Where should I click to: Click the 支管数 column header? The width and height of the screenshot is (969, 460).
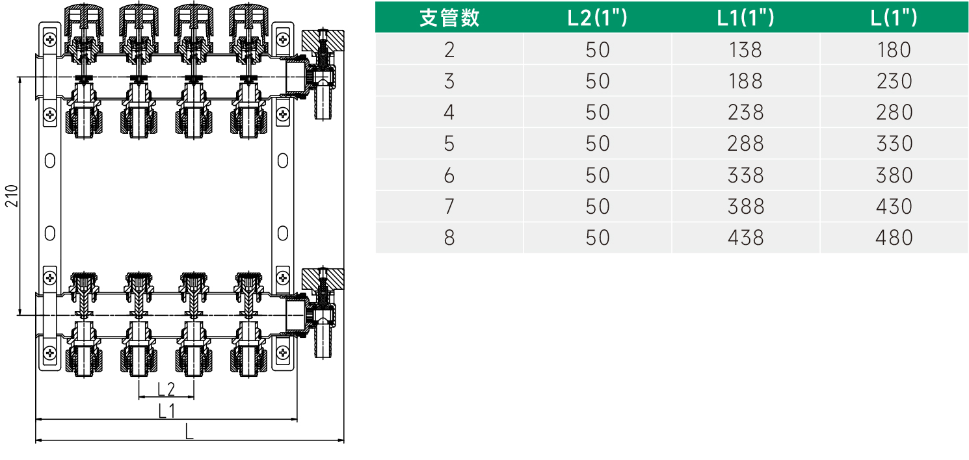click(x=449, y=18)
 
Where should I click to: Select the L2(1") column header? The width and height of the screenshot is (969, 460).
click(x=597, y=18)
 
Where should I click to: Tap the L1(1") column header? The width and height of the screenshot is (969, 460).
click(x=745, y=18)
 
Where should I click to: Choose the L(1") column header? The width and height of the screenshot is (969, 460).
click(x=894, y=18)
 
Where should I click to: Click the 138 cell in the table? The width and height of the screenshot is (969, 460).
click(x=745, y=50)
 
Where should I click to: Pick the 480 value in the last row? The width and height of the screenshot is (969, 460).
click(x=894, y=238)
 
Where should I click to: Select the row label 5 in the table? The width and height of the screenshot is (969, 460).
click(x=449, y=144)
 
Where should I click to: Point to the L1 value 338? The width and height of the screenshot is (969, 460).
click(x=745, y=175)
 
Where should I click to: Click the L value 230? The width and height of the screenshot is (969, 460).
click(x=894, y=81)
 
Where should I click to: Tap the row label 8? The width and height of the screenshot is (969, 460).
click(x=449, y=238)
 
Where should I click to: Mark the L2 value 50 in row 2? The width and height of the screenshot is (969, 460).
click(x=597, y=50)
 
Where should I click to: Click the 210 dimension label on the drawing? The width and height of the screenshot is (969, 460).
click(x=11, y=196)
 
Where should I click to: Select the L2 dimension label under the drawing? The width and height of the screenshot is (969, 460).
click(x=166, y=389)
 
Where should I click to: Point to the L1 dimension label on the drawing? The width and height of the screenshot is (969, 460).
click(x=166, y=411)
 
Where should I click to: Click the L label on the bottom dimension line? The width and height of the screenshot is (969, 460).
click(x=189, y=431)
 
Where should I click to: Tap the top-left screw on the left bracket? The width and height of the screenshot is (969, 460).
click(x=50, y=39)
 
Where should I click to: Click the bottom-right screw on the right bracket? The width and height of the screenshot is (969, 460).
click(x=282, y=353)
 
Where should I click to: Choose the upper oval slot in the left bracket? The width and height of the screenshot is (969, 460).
click(x=50, y=160)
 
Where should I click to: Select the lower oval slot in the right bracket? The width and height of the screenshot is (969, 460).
click(x=282, y=232)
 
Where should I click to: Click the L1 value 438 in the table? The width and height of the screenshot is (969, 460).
click(x=745, y=238)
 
